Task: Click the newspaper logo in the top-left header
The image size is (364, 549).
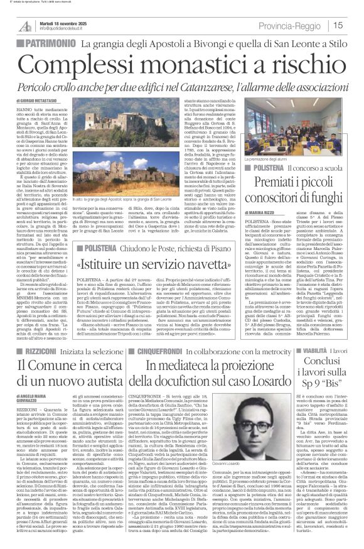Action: tap(24, 26)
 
